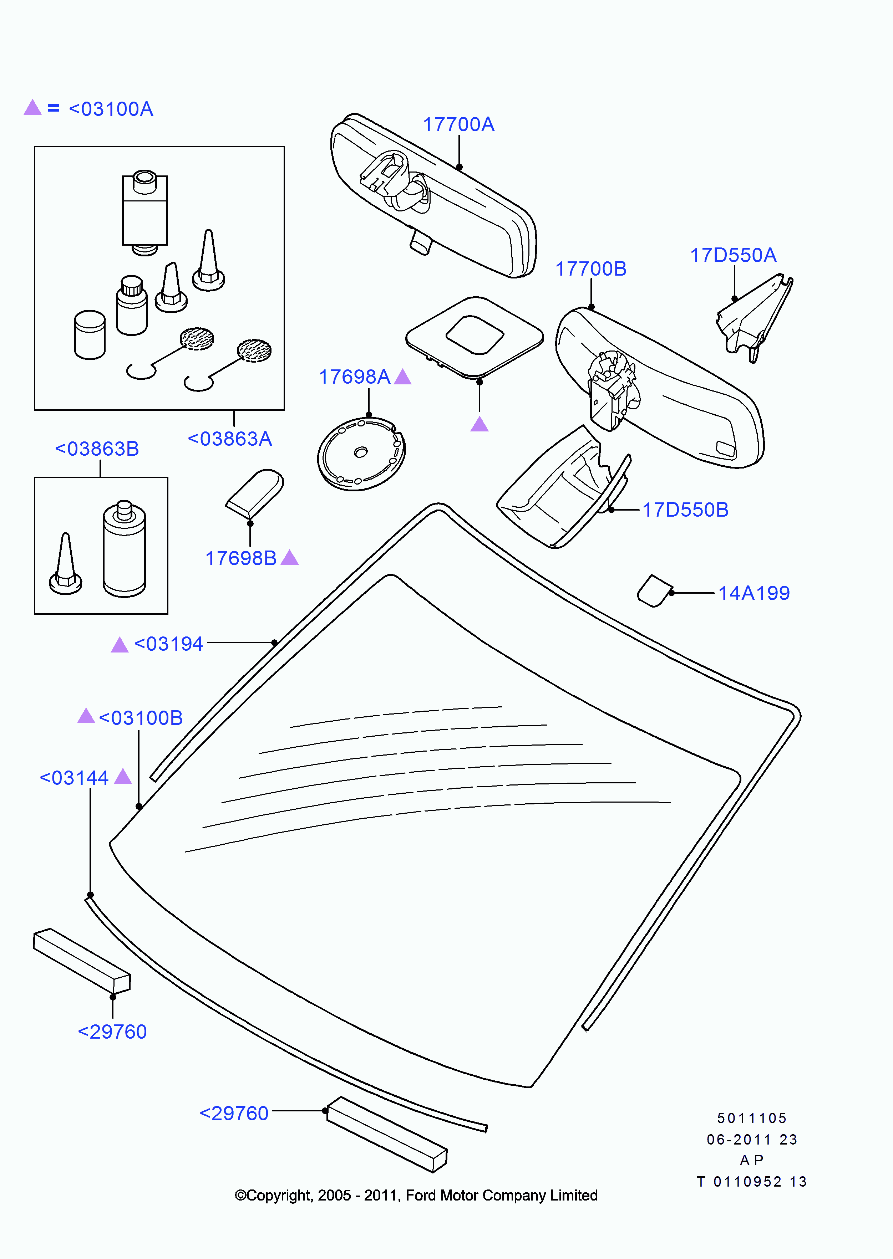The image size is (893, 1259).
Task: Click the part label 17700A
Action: [458, 125]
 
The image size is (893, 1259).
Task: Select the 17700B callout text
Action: [590, 269]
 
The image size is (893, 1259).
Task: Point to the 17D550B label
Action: [685, 510]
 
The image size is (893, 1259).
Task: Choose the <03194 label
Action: [168, 644]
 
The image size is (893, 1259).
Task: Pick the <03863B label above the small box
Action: [97, 449]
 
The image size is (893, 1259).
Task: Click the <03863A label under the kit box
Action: [230, 439]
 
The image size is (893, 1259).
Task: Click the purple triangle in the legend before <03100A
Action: [33, 108]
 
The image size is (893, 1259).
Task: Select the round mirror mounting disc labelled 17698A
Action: [361, 454]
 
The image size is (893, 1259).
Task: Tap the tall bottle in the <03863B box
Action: [124, 549]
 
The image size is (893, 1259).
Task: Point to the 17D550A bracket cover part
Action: [755, 318]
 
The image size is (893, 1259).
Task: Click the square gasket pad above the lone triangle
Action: [474, 336]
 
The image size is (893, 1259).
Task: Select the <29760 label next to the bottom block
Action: [234, 1114]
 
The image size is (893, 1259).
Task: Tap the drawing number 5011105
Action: [752, 1118]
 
